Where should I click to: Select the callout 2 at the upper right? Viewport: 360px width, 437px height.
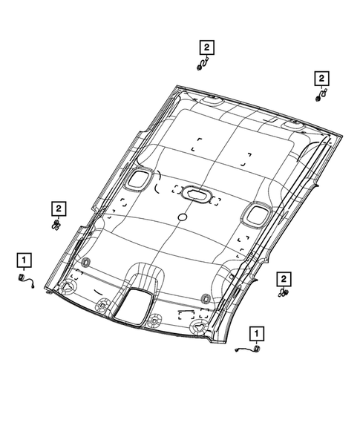321,78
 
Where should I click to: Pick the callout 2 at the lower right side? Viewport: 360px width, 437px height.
283,278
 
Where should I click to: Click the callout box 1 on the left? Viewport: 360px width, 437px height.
24,260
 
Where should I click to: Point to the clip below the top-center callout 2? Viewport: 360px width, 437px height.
202,65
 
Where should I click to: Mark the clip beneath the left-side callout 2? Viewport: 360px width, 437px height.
57,223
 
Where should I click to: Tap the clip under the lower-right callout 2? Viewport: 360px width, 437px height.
283,294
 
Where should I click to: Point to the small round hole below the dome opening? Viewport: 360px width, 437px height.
182,217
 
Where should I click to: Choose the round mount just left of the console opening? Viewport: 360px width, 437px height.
104,303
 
